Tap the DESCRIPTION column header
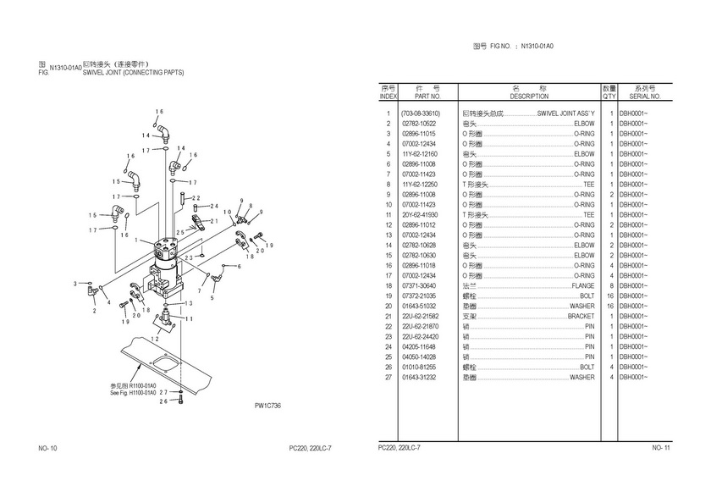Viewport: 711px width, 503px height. click(529, 97)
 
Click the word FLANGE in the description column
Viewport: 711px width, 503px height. click(583, 286)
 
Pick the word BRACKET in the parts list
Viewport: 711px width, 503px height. click(581, 317)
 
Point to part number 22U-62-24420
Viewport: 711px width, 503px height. click(421, 337)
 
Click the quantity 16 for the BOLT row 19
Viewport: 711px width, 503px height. click(609, 296)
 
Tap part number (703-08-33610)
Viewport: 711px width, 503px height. click(421, 113)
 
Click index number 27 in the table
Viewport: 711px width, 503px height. click(389, 378)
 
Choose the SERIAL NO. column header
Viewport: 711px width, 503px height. click(644, 97)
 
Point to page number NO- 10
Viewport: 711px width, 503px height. click(47, 448)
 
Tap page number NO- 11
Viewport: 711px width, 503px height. click(660, 448)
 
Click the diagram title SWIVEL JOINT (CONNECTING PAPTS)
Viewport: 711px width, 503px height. click(133, 73)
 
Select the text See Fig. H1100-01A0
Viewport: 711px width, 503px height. click(134, 392)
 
